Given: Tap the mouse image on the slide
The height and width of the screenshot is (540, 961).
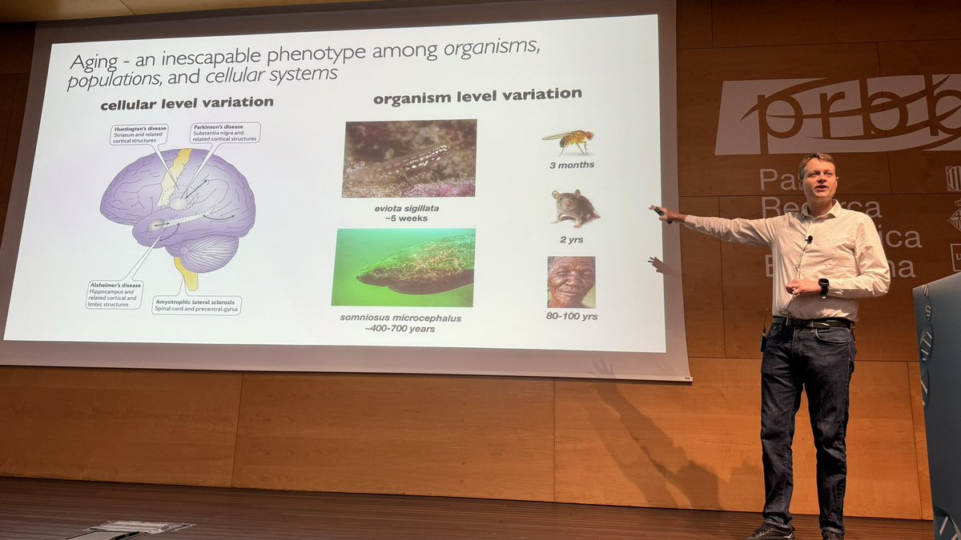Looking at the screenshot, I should click(575, 208).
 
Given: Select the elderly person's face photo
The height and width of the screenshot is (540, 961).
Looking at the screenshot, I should click(571, 282).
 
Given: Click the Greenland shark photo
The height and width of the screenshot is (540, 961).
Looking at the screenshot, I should click(404, 267).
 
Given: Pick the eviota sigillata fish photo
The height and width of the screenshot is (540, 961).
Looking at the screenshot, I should click(409, 158).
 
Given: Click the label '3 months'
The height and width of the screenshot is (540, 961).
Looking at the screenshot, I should click(573, 165).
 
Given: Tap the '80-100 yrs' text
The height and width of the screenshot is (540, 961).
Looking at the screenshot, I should click(572, 316).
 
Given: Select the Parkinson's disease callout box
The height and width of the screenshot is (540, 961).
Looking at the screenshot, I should click(225, 133).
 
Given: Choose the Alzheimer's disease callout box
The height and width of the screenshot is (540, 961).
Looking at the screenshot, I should click(115, 294).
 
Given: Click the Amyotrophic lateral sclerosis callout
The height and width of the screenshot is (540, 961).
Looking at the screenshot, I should click(196, 305).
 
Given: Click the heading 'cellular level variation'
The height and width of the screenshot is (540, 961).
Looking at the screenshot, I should click(187, 103).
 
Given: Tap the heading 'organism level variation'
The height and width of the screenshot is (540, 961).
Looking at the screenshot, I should click(477, 95).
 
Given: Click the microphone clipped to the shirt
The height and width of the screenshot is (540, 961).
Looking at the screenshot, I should click(809, 238).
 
